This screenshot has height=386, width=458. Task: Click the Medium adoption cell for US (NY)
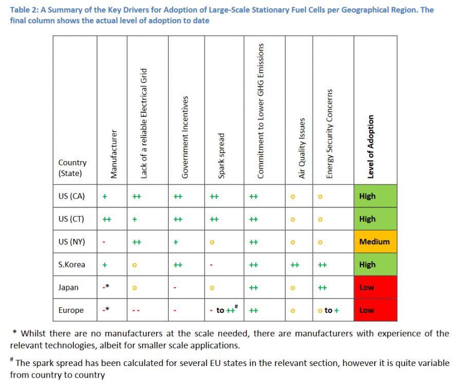(375, 242)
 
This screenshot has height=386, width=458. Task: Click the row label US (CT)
(71, 219)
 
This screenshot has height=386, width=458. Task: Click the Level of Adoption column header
(371, 147)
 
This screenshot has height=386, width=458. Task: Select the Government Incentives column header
(186, 137)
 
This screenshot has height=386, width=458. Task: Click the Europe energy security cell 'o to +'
(332, 310)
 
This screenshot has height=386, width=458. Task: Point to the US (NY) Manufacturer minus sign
(104, 242)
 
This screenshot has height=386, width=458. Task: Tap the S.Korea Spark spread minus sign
(211, 265)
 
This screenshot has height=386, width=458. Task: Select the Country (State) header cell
(72, 168)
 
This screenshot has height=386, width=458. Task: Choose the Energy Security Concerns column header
(331, 134)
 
